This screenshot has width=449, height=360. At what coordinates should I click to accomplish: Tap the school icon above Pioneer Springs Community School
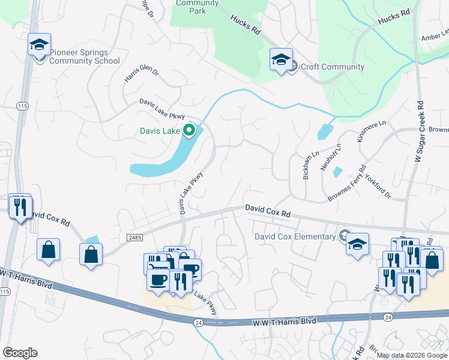pos(40,46)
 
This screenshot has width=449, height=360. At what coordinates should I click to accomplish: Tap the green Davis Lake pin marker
pos(190,130)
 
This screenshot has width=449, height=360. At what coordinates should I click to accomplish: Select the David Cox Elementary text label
pos(295,236)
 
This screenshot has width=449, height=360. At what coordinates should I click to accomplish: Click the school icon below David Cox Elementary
pos(357,245)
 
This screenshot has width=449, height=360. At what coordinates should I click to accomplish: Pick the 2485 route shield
pos(135,238)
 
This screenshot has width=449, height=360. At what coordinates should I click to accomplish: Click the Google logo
pos(20,353)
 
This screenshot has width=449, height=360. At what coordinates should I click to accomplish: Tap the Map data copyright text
pos(412,355)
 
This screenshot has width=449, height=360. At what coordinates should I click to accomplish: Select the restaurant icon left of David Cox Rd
pos(20,208)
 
